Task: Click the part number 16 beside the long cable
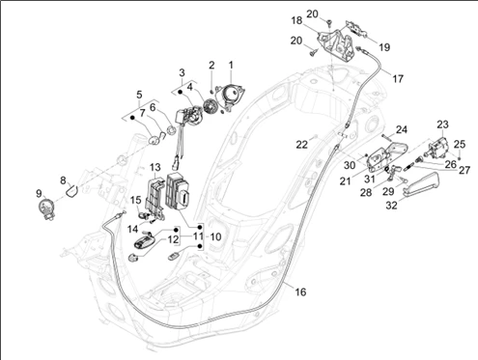tap(300, 292)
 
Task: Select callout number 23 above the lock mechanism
tap(443, 125)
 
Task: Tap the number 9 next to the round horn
tap(39, 194)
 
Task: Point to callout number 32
tap(391, 205)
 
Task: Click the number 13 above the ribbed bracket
tap(155, 167)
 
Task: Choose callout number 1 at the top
tap(231, 65)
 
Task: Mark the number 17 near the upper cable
tap(398, 78)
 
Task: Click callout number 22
tap(302, 145)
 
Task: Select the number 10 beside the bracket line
tap(215, 237)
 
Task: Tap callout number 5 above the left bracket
tap(139, 95)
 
